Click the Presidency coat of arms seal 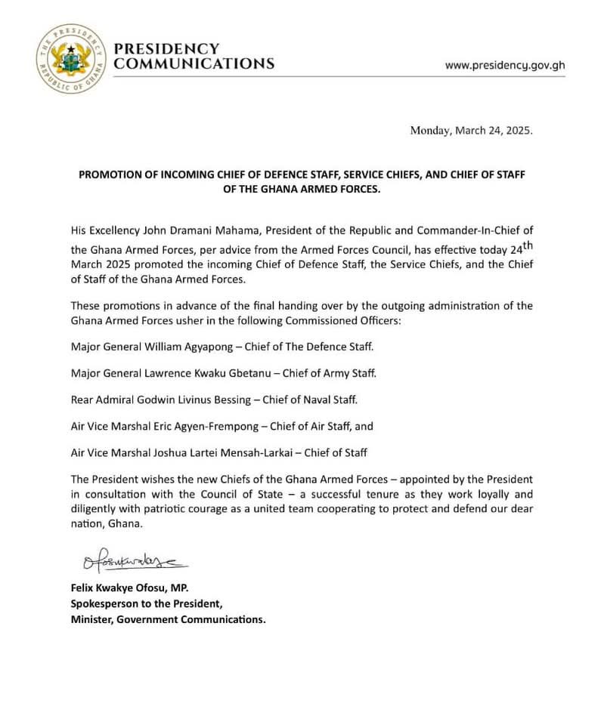72,58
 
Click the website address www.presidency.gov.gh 504,65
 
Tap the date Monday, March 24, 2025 471,130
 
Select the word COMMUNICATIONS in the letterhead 194,64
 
